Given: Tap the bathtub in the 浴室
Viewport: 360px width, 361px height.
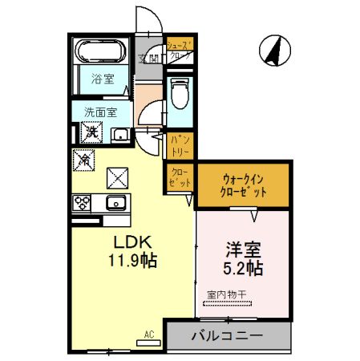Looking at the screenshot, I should tap(100, 52).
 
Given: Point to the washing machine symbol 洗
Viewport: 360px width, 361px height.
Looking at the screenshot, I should tap(91, 132).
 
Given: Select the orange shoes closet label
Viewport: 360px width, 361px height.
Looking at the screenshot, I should tap(179, 51).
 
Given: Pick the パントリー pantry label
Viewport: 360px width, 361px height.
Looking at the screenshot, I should tap(179, 147).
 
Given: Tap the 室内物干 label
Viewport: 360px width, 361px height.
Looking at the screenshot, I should tap(227, 295).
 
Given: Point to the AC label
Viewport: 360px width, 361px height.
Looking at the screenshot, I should tap(148, 334).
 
